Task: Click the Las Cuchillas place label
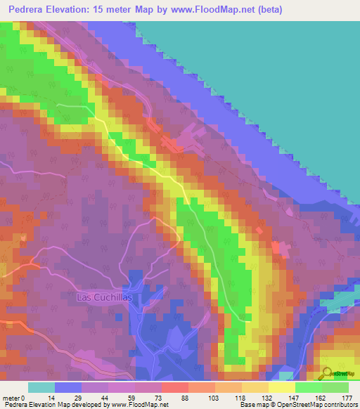tap(105, 297)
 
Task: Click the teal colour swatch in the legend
tap(41, 387)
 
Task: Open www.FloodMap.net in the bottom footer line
tap(136, 405)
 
